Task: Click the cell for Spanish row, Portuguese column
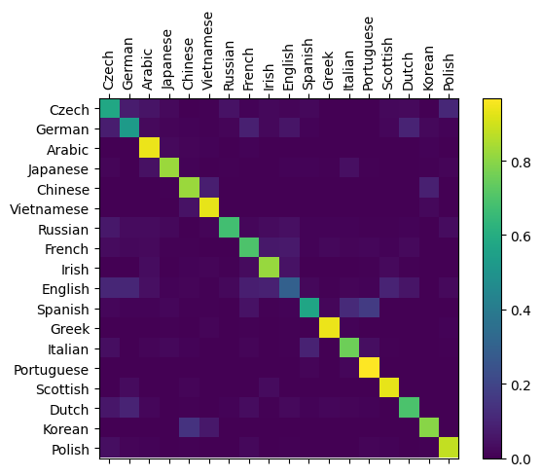coord(370,308)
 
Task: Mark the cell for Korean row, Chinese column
coord(190,427)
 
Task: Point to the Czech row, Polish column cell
coord(450,108)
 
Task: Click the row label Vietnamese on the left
coord(50,209)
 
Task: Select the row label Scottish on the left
coord(62,389)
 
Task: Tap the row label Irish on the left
coord(75,270)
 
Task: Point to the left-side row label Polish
coord(70,450)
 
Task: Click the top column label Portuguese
coord(368,54)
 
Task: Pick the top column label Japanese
coord(167,59)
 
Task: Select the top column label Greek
coord(328,71)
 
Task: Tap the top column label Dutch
coord(408,71)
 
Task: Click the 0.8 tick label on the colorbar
coord(521,162)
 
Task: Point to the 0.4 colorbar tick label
coord(521,311)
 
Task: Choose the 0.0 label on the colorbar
coord(521,459)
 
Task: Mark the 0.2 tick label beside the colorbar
coord(521,384)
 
